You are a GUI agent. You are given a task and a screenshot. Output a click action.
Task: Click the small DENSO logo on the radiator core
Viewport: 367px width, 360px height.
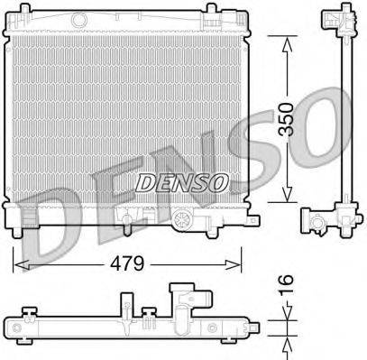179,182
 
